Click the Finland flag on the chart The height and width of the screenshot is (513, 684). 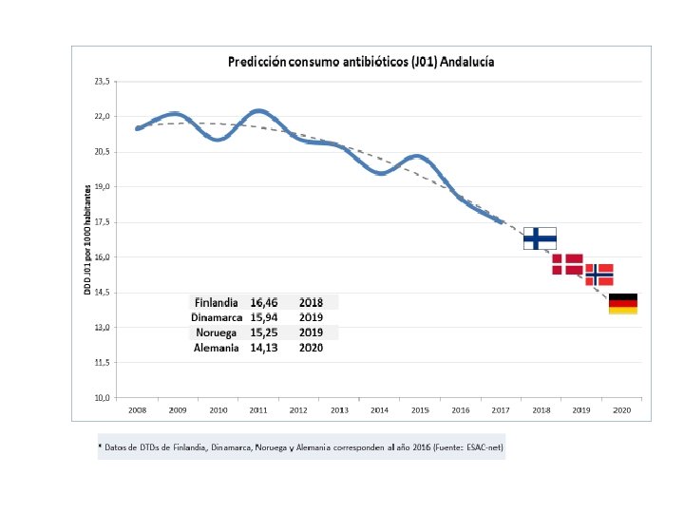tap(541, 237)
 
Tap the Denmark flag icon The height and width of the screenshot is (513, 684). tap(567, 264)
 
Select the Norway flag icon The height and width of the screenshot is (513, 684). tap(598, 275)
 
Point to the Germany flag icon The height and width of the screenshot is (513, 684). tap(622, 304)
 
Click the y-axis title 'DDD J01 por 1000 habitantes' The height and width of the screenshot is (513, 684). tap(86, 238)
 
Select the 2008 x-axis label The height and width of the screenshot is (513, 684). tap(138, 409)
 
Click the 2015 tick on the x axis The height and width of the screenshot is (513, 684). tap(420, 409)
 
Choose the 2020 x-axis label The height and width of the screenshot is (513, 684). tap(621, 409)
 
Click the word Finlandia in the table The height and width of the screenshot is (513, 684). tap(216, 302)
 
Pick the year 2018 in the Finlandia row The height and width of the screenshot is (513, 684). tap(311, 302)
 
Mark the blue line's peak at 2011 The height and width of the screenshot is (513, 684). tap(259, 111)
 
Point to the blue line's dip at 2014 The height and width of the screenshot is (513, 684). tap(380, 173)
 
